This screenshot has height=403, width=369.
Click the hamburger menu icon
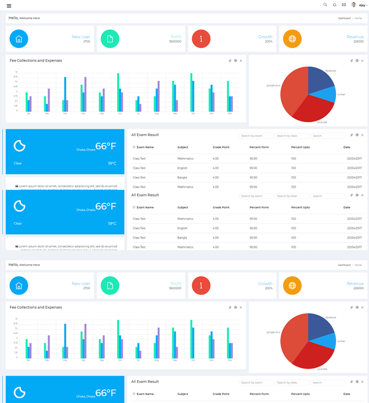point(9,6)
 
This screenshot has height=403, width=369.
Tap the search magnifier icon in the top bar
point(325,5)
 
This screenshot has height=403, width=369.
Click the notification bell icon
point(334,5)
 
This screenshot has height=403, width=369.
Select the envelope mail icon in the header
point(344,5)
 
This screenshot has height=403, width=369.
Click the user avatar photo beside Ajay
point(354,5)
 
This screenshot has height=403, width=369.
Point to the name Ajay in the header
point(362,5)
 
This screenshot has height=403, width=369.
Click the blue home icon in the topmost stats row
point(19,39)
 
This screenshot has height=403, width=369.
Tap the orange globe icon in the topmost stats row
point(292,39)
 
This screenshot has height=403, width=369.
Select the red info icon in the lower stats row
point(201,286)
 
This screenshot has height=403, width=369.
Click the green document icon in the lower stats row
point(110,286)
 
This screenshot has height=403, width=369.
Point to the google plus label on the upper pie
point(273,85)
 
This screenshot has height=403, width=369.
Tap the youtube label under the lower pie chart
point(322,369)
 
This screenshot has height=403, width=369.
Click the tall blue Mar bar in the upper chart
point(65,94)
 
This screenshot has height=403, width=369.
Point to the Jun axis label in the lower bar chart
point(120,360)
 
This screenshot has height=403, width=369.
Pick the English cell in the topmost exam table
point(182,168)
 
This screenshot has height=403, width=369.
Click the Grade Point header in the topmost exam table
point(221,147)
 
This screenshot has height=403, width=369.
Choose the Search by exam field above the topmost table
point(256,136)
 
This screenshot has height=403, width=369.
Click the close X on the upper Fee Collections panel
point(241,61)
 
